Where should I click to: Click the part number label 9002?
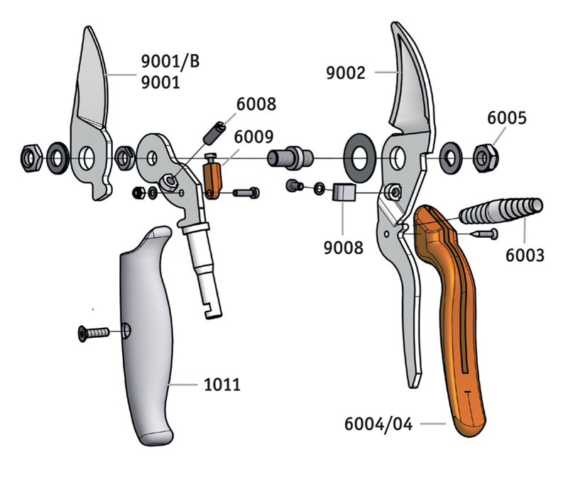pos(345,72)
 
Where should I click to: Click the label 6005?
pos(507,118)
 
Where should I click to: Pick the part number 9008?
pos(344,248)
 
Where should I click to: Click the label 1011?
pos(221,385)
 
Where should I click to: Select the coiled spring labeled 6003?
pos(501,211)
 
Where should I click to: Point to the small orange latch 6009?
pos(212,182)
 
